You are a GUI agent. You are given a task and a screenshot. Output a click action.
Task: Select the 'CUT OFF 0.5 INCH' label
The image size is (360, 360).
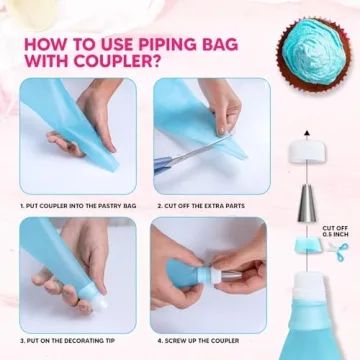(x=335, y=232)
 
